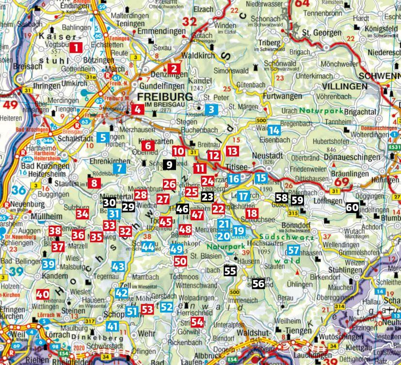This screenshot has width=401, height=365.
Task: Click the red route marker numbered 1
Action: tap(76, 48)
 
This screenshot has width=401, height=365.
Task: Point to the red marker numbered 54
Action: tap(196, 322)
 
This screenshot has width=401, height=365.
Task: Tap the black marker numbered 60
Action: tap(352, 208)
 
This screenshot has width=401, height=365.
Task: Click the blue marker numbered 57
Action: tap(293, 251)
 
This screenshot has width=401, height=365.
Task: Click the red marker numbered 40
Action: tap(43, 294)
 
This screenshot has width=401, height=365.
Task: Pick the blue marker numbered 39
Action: tap(48, 265)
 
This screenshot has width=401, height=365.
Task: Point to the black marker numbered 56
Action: tap(258, 284)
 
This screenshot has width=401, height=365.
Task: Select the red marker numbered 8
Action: tap(94, 183)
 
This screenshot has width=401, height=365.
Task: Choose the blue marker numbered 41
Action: tap(112, 326)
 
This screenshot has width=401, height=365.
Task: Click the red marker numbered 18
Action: tap(251, 213)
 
